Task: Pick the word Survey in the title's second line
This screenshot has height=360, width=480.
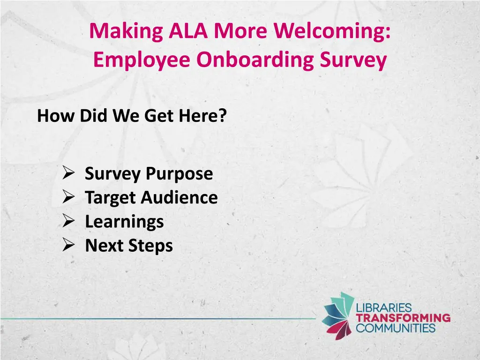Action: [x=358, y=60]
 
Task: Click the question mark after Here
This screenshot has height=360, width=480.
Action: [x=222, y=115]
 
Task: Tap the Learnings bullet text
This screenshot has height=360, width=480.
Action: [x=124, y=221]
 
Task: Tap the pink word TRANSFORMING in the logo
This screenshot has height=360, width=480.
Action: [x=403, y=318]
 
